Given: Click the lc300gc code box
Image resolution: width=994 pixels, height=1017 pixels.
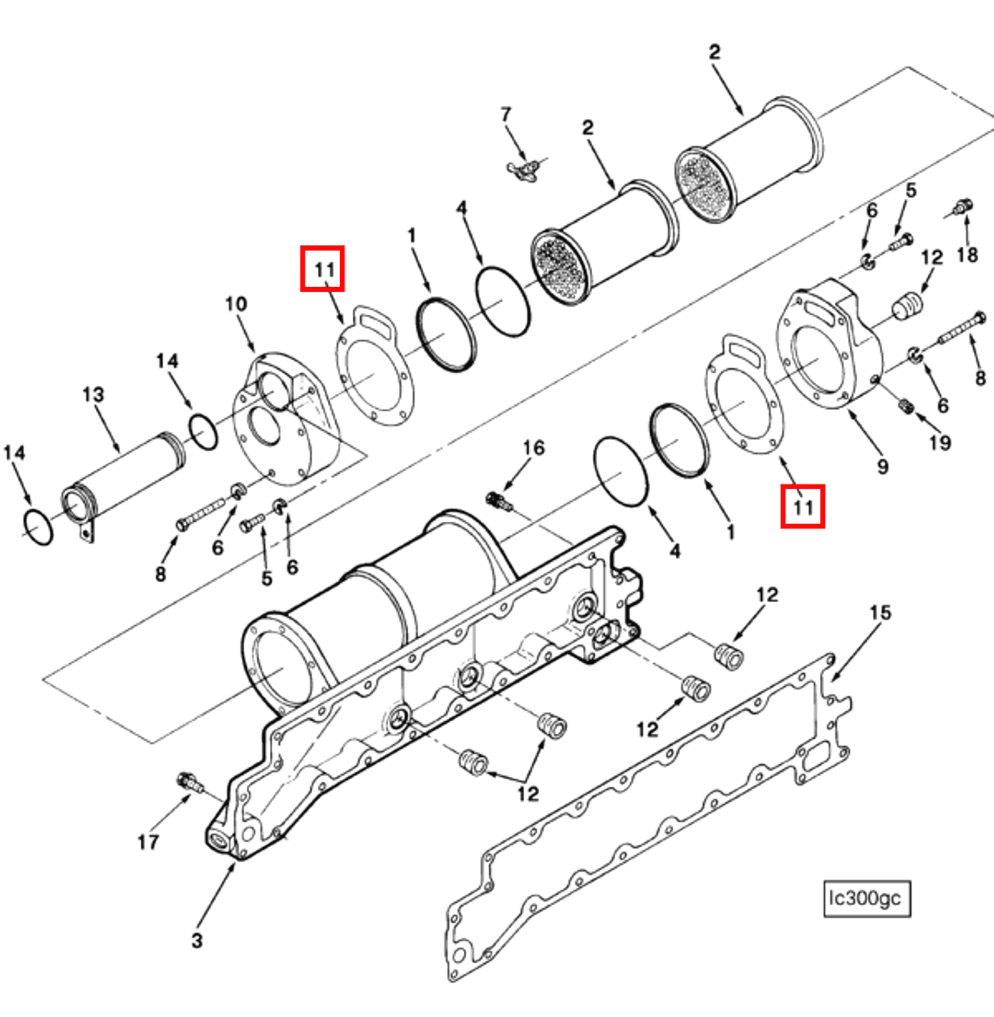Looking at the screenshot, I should (866, 899).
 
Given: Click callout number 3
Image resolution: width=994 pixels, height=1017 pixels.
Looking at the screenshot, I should (197, 940).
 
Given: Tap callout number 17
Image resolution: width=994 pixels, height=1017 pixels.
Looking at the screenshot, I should (148, 842).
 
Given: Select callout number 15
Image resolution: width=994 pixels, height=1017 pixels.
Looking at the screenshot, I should (880, 613).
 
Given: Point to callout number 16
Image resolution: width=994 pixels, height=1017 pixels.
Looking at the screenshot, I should (533, 448).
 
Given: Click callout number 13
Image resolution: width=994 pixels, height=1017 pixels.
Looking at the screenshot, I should (93, 395).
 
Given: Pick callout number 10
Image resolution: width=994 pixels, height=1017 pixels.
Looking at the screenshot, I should (235, 304).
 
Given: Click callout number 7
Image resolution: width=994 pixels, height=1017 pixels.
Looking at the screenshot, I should (505, 114).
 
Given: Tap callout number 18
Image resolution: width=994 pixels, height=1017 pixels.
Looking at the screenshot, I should (967, 255).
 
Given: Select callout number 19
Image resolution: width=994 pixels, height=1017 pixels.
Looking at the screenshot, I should (940, 443).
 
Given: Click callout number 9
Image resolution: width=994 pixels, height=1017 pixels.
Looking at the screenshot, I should (882, 467).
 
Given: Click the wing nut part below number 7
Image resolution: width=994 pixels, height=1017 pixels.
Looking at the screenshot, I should (523, 170).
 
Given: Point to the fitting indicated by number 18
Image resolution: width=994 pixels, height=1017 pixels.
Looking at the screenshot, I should (963, 207).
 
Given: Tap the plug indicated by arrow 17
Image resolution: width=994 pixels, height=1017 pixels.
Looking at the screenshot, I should (189, 782).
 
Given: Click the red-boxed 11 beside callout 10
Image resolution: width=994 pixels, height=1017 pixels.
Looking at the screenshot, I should (322, 269).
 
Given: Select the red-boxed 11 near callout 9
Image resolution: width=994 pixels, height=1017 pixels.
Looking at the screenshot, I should (802, 506).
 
